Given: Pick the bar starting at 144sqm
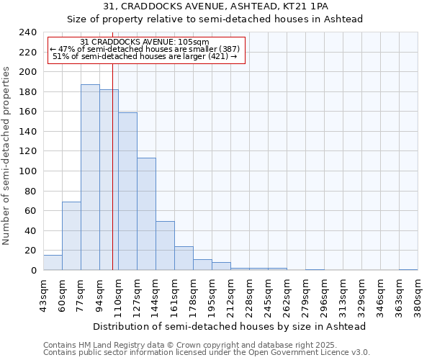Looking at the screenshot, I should [x=165, y=246].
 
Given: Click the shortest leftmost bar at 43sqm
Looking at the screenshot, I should [x=53, y=263].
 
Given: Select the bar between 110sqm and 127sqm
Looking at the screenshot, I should [x=127, y=192].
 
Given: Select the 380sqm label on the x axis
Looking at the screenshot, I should [x=418, y=295].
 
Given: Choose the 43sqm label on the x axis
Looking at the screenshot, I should [x=43, y=295].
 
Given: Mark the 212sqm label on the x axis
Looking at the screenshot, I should [x=230, y=295].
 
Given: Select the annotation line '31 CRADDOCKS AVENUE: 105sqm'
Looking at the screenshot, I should [x=145, y=42].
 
